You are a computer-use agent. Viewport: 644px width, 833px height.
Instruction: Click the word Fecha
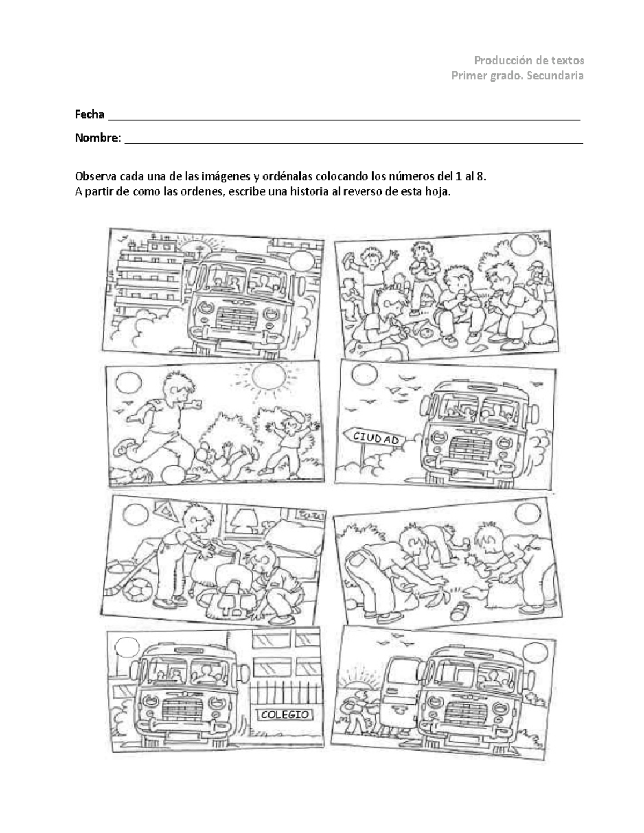click(89, 114)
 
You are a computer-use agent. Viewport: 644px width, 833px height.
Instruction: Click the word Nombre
click(97, 138)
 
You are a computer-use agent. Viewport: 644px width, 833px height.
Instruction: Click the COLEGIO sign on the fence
click(285, 714)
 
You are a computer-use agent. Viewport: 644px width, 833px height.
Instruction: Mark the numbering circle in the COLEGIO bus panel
click(127, 647)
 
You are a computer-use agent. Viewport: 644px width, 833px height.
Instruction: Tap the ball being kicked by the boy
click(174, 474)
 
